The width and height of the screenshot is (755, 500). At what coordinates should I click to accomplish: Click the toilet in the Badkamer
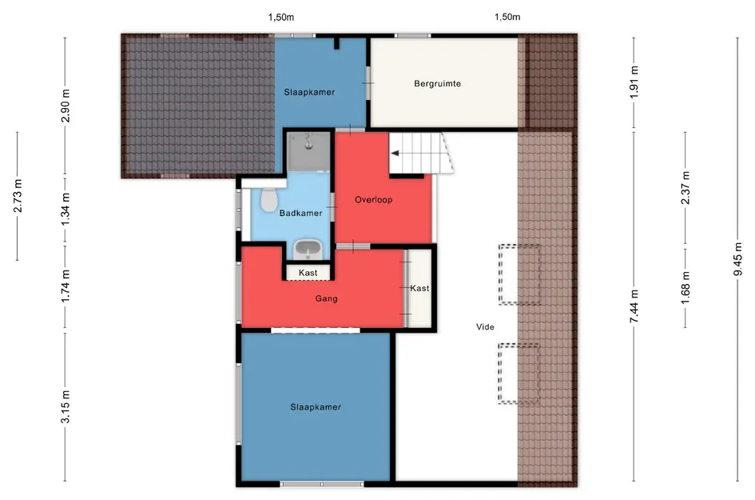pos(268,200)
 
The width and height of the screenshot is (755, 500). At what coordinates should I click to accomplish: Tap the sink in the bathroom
pos(308,249)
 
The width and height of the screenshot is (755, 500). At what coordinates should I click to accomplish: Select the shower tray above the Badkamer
pos(308,152)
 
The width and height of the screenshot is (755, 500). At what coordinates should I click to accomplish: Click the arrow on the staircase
pos(395,154)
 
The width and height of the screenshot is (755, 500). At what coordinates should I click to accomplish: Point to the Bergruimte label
pos(437,83)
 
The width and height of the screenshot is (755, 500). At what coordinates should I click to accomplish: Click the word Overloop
pos(374,200)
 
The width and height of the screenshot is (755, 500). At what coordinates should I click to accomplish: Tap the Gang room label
pos(327,298)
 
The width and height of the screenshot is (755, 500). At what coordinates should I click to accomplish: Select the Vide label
pos(485,327)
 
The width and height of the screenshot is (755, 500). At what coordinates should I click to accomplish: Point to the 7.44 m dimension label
pos(634,306)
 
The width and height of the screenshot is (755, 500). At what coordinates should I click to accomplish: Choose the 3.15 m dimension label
pos(66,407)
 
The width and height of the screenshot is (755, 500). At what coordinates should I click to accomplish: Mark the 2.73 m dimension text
pos(18,196)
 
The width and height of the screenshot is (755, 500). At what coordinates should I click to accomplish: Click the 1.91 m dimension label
pos(634,82)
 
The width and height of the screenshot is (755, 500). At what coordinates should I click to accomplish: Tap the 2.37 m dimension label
pos(685,187)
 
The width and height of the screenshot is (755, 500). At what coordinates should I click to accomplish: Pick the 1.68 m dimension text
pos(685,288)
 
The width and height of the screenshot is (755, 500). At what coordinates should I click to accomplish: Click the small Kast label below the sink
pos(308,273)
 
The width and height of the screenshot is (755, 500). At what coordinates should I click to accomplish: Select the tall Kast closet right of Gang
pos(419,288)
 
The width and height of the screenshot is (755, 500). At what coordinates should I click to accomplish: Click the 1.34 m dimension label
pos(66,208)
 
